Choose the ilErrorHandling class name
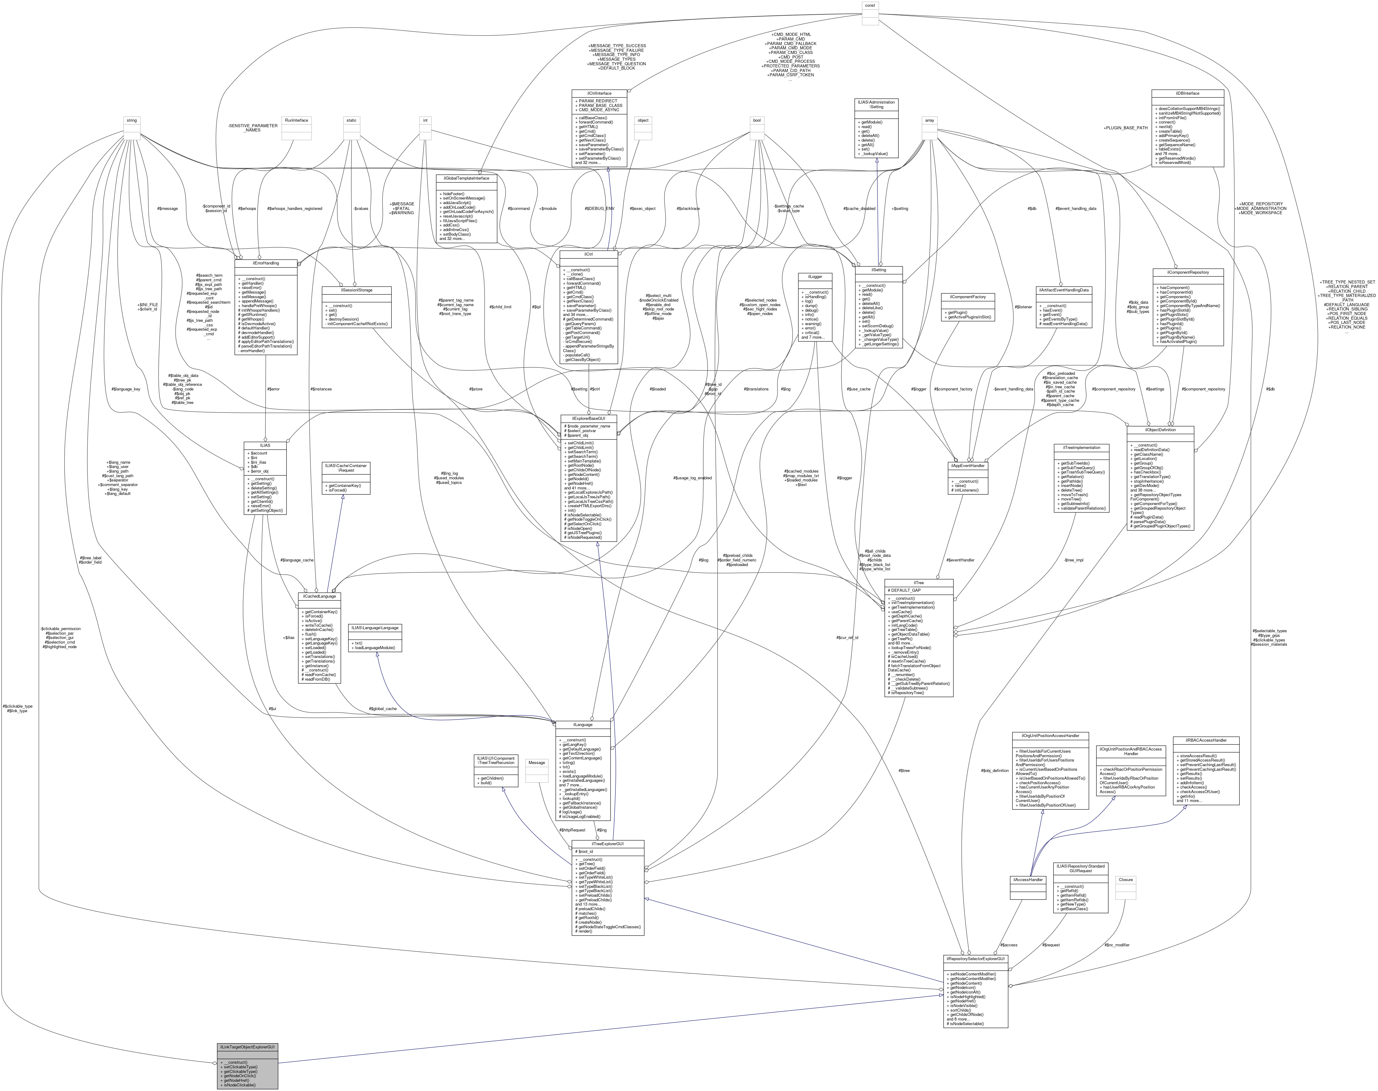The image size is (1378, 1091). coord(265,263)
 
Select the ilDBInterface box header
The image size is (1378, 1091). coord(1187,93)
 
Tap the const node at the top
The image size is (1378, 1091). coord(870,5)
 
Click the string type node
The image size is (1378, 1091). coord(131,120)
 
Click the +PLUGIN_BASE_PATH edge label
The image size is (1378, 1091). coord(1126,128)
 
